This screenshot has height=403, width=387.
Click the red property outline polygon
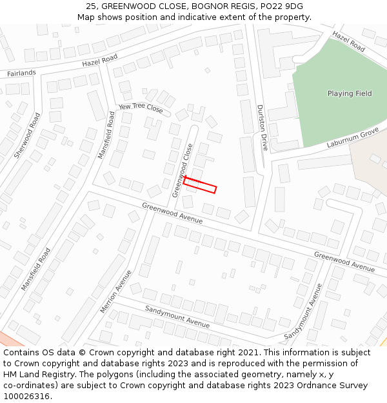click(199, 185)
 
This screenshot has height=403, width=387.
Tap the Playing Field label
click(350, 93)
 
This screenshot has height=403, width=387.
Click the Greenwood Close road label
click(183, 170)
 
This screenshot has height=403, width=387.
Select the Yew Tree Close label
click(141, 107)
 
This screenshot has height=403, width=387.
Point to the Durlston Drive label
click(262, 127)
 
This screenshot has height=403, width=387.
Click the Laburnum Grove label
click(352, 136)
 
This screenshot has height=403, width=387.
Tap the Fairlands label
click(21, 73)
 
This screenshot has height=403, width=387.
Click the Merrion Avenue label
click(116, 291)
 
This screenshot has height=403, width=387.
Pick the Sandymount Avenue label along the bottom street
click(177, 317)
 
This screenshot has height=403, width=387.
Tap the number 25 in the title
click(90, 6)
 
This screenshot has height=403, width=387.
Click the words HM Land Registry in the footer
click(34, 375)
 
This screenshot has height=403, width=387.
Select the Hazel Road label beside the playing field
click(348, 42)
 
